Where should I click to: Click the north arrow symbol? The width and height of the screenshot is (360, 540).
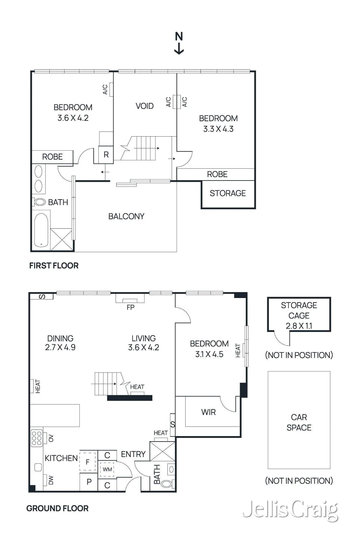[179, 43]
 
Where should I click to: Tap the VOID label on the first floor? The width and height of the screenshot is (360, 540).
[144, 106]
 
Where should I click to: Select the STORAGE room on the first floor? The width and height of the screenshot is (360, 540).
[228, 193]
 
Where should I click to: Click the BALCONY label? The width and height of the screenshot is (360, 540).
[126, 216]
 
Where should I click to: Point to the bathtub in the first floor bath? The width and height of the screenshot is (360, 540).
[41, 230]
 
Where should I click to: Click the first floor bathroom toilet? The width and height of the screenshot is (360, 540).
[39, 202]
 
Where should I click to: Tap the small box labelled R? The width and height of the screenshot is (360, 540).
[106, 155]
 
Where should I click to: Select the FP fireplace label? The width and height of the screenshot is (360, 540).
[131, 307]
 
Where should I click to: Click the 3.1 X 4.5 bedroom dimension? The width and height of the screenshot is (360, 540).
[209, 354]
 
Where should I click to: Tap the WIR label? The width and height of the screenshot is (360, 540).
[208, 412]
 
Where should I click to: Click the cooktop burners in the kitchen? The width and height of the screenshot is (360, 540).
[36, 438]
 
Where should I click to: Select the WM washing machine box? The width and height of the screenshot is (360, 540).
[107, 469]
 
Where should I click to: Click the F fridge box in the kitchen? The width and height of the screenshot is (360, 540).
[88, 462]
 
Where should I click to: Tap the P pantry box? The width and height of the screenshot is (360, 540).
[89, 482]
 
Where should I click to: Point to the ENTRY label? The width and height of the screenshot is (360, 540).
[133, 454]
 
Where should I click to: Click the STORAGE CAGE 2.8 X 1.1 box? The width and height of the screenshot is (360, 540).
[299, 315]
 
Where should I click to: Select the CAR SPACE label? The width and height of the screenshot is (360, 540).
[299, 422]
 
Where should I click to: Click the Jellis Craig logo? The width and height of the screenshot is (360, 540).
[290, 510]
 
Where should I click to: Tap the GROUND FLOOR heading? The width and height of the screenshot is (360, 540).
[57, 508]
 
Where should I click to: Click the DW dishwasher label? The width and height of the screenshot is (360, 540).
[51, 480]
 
